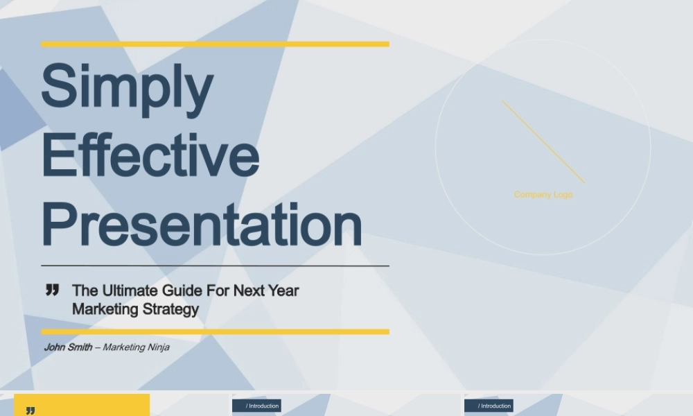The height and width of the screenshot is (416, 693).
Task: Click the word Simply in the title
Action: point(128,89)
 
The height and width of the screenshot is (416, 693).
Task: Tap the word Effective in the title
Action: point(150,155)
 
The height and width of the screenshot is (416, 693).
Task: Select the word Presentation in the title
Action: point(202,224)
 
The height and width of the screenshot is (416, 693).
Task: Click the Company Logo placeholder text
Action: point(543,195)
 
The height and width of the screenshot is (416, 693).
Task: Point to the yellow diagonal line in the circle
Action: point(543,142)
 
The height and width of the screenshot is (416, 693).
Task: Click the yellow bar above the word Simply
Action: point(216,44)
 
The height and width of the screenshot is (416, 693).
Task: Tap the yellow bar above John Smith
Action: point(216,331)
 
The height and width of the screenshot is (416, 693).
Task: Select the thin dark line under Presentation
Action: point(216,266)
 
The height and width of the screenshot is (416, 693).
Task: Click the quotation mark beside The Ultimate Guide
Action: point(52,290)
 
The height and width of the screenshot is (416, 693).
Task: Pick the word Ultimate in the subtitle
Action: point(130,291)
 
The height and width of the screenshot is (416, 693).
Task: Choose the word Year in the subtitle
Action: point(283,291)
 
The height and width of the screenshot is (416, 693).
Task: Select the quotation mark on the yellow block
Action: point(30,411)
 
